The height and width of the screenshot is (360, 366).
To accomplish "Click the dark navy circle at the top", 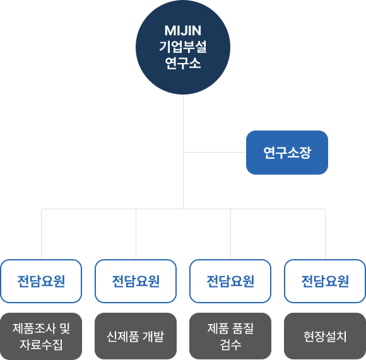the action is [183, 47].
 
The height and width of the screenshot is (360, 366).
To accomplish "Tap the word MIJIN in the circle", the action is [183, 30].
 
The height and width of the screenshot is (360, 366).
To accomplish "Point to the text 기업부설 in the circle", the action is [183, 47].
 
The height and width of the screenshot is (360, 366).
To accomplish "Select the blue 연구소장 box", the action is [287, 153].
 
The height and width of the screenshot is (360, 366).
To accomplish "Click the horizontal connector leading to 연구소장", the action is [215, 152].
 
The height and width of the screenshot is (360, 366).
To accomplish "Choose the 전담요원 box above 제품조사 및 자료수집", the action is [41, 281].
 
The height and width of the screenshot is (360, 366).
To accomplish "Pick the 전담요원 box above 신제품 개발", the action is [136, 281].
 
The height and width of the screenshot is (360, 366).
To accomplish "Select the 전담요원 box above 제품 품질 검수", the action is [230, 281].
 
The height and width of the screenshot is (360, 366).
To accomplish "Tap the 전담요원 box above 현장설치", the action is [325, 281].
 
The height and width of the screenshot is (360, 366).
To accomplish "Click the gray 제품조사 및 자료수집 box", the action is [41, 336].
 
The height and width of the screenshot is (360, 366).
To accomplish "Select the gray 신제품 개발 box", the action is [136, 336].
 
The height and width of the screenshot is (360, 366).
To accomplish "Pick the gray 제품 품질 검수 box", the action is [230, 336].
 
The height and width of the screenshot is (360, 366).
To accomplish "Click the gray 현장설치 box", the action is [325, 336].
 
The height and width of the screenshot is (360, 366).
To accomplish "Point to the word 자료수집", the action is [41, 345].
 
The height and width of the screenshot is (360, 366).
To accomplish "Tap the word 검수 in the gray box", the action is [230, 345].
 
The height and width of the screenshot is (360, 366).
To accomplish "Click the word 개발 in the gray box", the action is [153, 337].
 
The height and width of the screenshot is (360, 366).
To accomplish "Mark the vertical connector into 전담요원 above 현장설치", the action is [325, 234].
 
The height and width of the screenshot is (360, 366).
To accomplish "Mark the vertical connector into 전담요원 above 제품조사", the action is [41, 234].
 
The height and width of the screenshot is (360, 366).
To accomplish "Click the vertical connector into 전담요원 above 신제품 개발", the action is [136, 234].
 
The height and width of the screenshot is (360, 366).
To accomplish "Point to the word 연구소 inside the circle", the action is [183, 63].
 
